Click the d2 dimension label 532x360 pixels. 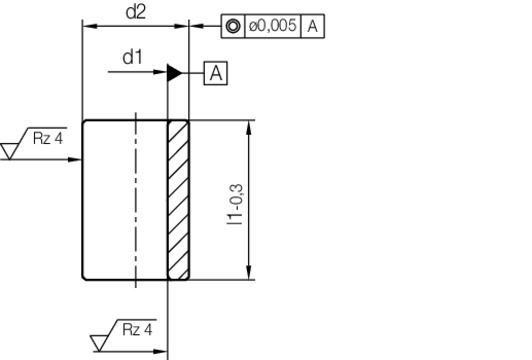(136, 12)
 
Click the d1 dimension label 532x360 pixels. (132, 57)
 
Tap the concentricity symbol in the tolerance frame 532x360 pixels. (232, 26)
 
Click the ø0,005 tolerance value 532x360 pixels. (272, 26)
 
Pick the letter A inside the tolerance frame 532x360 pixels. (313, 26)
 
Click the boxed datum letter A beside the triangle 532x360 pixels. (216, 72)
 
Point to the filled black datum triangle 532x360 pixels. (174, 72)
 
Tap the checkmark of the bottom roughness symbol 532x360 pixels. (100, 344)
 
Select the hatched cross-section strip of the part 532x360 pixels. (178, 200)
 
